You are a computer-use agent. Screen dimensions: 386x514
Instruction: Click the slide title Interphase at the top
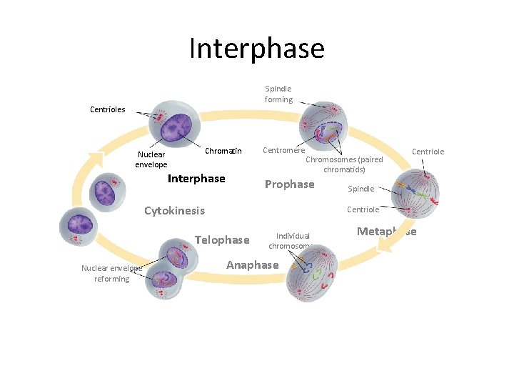click(257, 49)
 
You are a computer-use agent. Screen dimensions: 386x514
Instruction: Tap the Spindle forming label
click(278, 94)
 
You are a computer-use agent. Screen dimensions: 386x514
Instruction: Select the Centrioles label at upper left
click(108, 109)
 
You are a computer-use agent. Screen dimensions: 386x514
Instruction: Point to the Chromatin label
click(223, 151)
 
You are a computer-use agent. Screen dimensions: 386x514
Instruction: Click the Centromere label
click(283, 150)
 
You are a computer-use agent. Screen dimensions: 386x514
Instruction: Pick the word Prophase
click(289, 184)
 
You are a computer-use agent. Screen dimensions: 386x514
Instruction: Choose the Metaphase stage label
click(386, 231)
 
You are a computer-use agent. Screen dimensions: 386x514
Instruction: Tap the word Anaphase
click(252, 265)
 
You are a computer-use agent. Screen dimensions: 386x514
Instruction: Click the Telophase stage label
click(222, 239)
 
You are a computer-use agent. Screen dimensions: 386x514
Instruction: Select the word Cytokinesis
click(174, 210)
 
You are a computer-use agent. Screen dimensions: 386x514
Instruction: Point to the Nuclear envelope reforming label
click(111, 273)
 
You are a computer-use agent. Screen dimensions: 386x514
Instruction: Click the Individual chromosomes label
click(293, 241)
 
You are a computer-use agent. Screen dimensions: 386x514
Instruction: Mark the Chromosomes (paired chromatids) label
click(344, 164)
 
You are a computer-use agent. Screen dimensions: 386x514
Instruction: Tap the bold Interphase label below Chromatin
click(196, 179)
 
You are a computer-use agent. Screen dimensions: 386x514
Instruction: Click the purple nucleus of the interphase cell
click(176, 127)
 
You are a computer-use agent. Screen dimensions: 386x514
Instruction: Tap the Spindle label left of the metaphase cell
click(361, 189)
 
